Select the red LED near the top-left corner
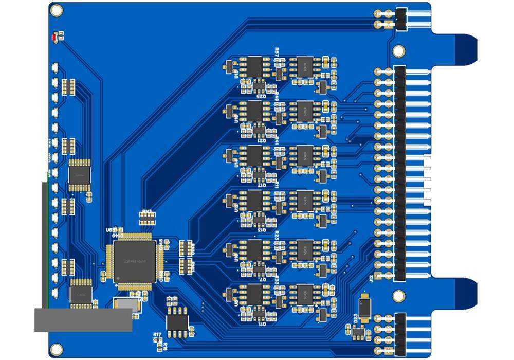tap(55, 37)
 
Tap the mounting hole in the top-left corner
tap(57, 10)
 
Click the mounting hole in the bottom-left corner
tap(57, 349)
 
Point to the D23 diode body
tap(365, 308)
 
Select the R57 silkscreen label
tap(278, 52)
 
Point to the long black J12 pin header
tap(399, 173)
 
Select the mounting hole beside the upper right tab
tap(399, 51)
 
